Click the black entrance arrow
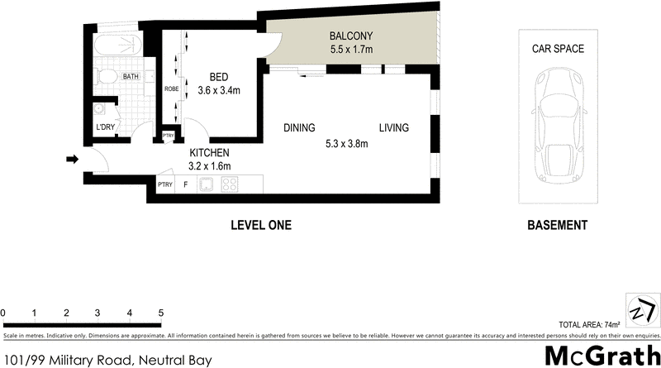(x=72, y=159)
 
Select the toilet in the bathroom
(x=104, y=77)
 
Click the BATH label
(x=131, y=77)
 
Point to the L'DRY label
(x=105, y=127)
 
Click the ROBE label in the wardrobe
(x=172, y=88)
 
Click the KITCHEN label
(x=209, y=153)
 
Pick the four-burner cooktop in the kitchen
(x=231, y=184)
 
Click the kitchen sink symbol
(x=206, y=184)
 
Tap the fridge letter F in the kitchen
(x=185, y=185)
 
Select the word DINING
(x=299, y=128)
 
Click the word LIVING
(x=394, y=128)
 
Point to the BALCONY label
(x=352, y=36)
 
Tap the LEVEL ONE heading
(x=260, y=225)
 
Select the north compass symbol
(x=640, y=310)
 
